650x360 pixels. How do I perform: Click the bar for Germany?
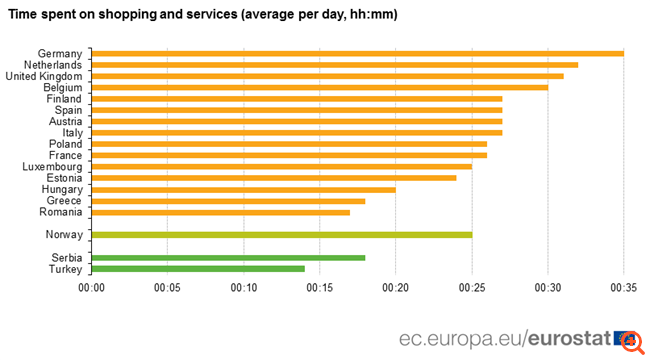(x=357, y=53)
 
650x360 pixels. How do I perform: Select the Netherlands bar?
(x=334, y=64)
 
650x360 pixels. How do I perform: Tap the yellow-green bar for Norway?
(x=281, y=234)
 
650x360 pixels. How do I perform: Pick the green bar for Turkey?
(x=197, y=269)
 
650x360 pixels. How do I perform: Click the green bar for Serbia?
(x=228, y=257)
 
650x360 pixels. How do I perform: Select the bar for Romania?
(x=220, y=212)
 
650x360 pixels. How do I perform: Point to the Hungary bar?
(x=243, y=189)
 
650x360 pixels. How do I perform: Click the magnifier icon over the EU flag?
(x=630, y=341)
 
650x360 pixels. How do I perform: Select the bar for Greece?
(x=228, y=200)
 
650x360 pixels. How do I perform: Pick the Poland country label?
(x=65, y=144)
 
